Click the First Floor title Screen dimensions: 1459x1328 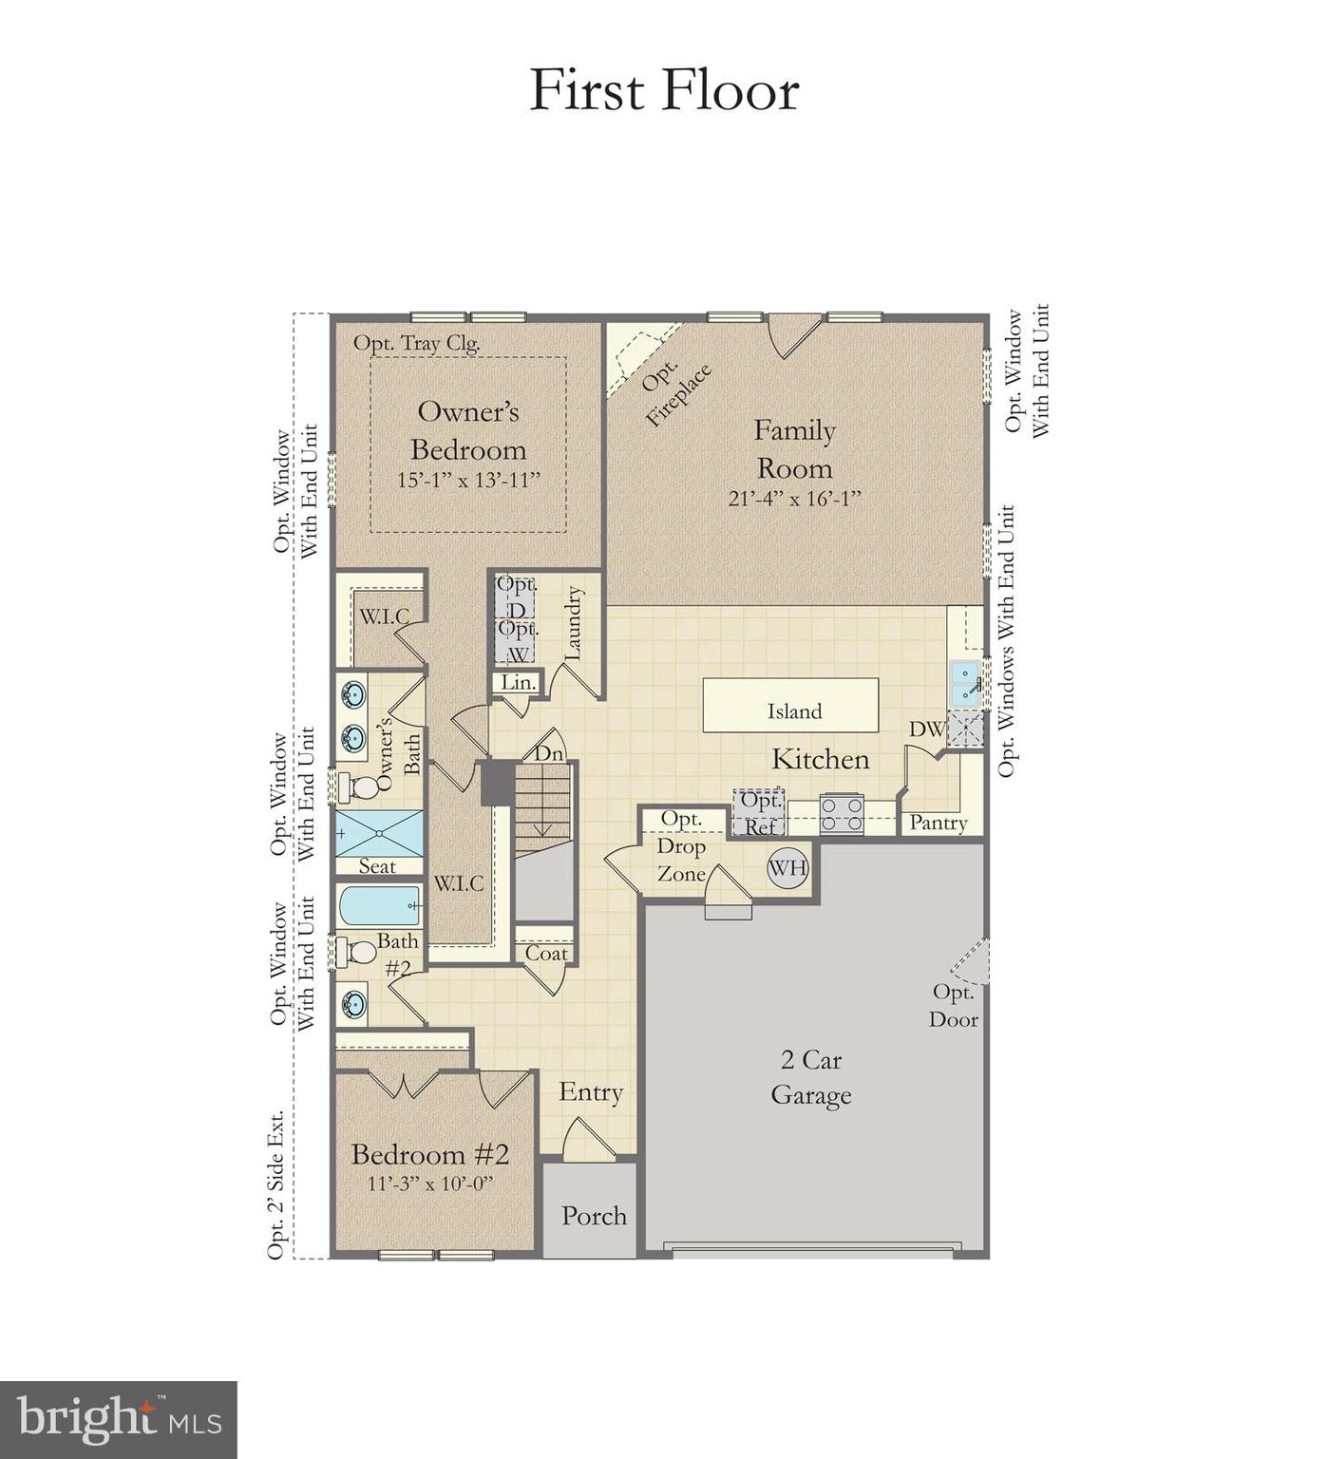(x=663, y=91)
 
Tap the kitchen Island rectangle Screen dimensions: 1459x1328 (x=790, y=706)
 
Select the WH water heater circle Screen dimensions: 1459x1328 (x=787, y=867)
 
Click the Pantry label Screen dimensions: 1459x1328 (x=938, y=823)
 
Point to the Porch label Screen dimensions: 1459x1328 (x=594, y=1216)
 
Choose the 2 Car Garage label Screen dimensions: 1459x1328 (x=810, y=1077)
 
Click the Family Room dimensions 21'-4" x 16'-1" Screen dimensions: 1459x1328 (x=794, y=499)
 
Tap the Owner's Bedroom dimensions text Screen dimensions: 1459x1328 (x=468, y=480)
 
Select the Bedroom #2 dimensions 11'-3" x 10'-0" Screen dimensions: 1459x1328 (x=430, y=1184)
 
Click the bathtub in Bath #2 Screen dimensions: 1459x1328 (x=380, y=906)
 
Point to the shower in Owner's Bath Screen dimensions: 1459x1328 (x=380, y=833)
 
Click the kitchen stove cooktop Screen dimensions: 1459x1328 (x=842, y=814)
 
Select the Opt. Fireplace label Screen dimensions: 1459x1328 (x=675, y=393)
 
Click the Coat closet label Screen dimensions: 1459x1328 (x=546, y=954)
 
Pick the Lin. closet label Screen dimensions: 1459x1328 (x=519, y=682)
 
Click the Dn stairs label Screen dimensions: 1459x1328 (x=549, y=753)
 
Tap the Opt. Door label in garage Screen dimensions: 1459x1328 (x=954, y=1005)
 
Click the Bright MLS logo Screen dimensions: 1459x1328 (x=118, y=1420)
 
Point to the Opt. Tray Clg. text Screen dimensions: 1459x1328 (x=417, y=344)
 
